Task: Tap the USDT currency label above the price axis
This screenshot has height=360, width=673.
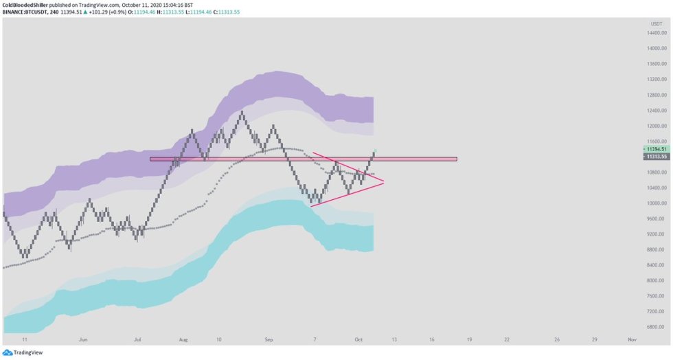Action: pyautogui.click(x=656, y=24)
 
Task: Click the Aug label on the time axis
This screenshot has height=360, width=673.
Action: pyautogui.click(x=183, y=339)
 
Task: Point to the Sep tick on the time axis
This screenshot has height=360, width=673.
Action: pyautogui.click(x=269, y=339)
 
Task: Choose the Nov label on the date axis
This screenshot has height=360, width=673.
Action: pyautogui.click(x=632, y=339)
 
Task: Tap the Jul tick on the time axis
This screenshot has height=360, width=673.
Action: pyautogui.click(x=137, y=339)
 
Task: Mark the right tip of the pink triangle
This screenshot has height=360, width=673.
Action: pyautogui.click(x=383, y=182)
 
